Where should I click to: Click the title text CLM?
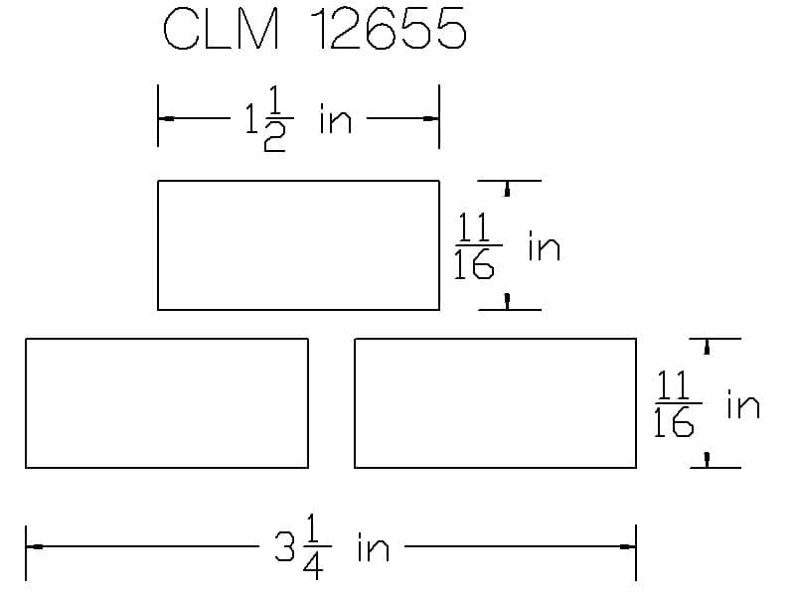(221, 31)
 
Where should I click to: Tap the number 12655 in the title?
(389, 31)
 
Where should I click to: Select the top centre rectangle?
(298, 244)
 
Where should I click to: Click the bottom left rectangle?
(166, 402)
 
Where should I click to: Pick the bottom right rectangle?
(495, 402)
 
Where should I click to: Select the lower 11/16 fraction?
(675, 404)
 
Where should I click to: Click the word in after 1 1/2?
(335, 121)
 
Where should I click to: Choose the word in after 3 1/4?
(373, 548)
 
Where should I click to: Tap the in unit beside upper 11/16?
(544, 246)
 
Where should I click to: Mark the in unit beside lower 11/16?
(742, 405)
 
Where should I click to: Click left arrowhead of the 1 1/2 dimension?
(167, 119)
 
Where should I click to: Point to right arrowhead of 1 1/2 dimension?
(430, 119)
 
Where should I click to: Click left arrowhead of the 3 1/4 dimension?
(35, 546)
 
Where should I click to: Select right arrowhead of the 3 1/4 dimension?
(626, 546)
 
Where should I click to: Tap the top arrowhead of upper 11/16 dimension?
(507, 190)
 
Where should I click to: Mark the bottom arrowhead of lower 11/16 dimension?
(707, 458)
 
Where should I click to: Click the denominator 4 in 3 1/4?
(313, 568)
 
